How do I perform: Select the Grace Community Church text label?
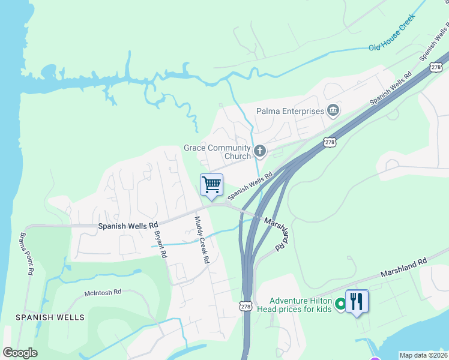click(x=217, y=152)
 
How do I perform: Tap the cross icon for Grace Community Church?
click(x=260, y=151)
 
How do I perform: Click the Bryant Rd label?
click(x=160, y=244)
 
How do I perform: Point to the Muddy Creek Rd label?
click(x=200, y=240)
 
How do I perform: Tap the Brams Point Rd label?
click(x=26, y=253)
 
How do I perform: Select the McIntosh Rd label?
click(x=103, y=292)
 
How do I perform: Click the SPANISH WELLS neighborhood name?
click(x=50, y=317)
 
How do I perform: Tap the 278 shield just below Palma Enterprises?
click(x=329, y=142)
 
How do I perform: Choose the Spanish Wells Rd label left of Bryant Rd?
click(x=127, y=227)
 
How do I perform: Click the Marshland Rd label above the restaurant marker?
click(x=403, y=268)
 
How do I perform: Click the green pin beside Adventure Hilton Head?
click(x=340, y=305)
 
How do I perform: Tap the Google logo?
click(x=20, y=353)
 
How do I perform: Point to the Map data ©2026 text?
click(x=423, y=355)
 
